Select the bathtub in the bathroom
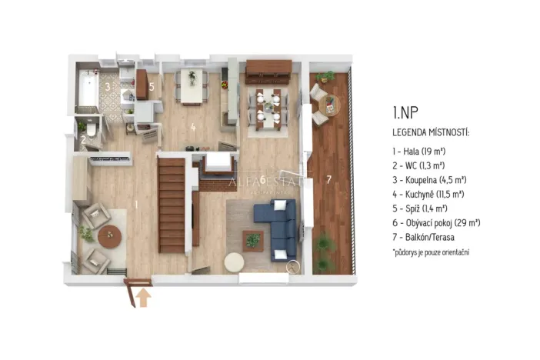87,89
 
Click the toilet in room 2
91,132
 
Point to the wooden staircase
172,203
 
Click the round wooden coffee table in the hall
109,236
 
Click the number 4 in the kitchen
193,128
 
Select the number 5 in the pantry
152,87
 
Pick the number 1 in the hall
136,204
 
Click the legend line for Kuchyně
429,194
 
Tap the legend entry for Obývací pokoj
436,223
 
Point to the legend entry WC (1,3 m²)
422,165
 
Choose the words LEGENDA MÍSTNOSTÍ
431,132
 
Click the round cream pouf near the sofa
234,262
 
